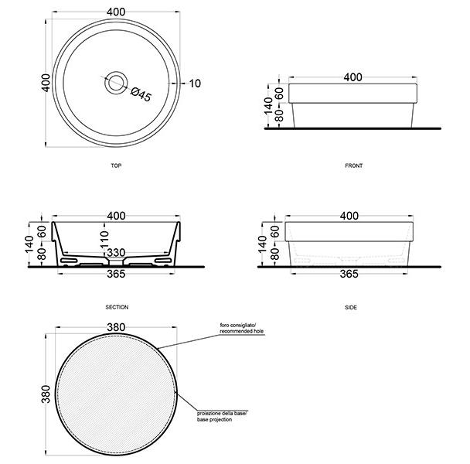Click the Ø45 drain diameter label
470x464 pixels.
141,94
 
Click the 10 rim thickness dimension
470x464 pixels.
195,84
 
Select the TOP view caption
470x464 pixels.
116,165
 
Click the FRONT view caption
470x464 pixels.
354,165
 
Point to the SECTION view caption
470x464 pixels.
117,307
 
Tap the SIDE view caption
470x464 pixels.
351,308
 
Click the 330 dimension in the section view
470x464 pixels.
116,253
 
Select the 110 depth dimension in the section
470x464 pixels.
104,240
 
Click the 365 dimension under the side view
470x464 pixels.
349,274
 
